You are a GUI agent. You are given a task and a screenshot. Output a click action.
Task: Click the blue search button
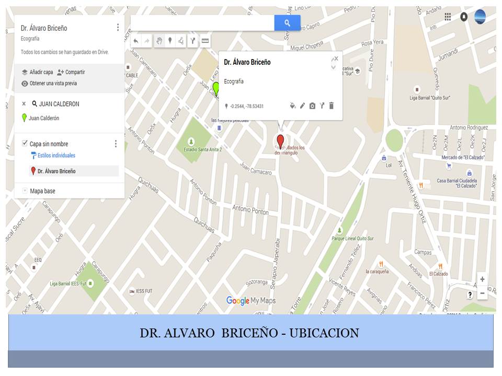287,23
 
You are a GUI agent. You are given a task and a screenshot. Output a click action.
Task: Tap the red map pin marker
280,141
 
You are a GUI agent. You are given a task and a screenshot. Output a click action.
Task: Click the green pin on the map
215,89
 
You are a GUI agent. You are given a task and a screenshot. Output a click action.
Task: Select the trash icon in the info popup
331,105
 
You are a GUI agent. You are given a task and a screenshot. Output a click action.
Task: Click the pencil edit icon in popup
302,105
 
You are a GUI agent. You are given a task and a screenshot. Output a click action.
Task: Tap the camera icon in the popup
312,105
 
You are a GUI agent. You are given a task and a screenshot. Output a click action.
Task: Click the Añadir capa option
37,72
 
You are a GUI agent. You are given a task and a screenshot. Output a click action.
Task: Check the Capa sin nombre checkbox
25,144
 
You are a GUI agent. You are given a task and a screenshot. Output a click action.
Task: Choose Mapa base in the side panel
42,191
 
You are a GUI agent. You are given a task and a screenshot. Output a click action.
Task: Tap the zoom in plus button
482,279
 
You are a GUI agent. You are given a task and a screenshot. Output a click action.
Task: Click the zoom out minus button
482,293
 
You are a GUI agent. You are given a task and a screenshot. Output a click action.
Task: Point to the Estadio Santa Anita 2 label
203,149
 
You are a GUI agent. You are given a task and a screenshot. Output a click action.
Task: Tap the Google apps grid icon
448,17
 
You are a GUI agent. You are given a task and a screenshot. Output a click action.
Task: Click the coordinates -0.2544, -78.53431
246,106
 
